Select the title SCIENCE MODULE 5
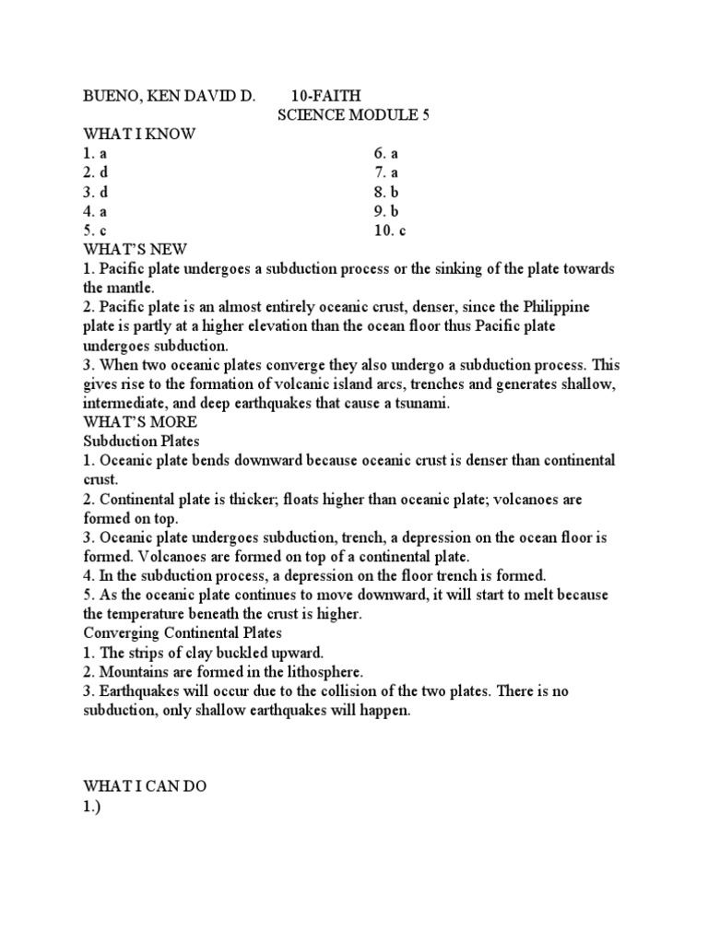[355, 115]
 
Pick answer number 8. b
[386, 192]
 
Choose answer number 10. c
[390, 230]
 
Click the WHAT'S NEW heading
[135, 250]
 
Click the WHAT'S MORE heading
[140, 422]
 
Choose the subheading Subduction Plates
[141, 442]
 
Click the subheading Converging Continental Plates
[183, 633]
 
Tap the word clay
[186, 653]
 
